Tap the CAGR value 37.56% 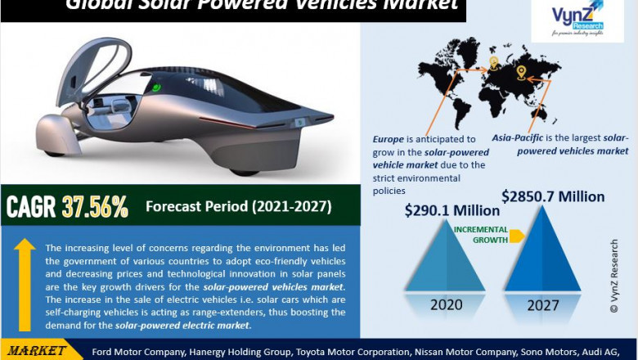[x=95, y=208]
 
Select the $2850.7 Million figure [x=553, y=196]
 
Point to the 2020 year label [x=446, y=305]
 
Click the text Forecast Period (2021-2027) [x=238, y=206]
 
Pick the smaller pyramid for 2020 [x=446, y=262]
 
